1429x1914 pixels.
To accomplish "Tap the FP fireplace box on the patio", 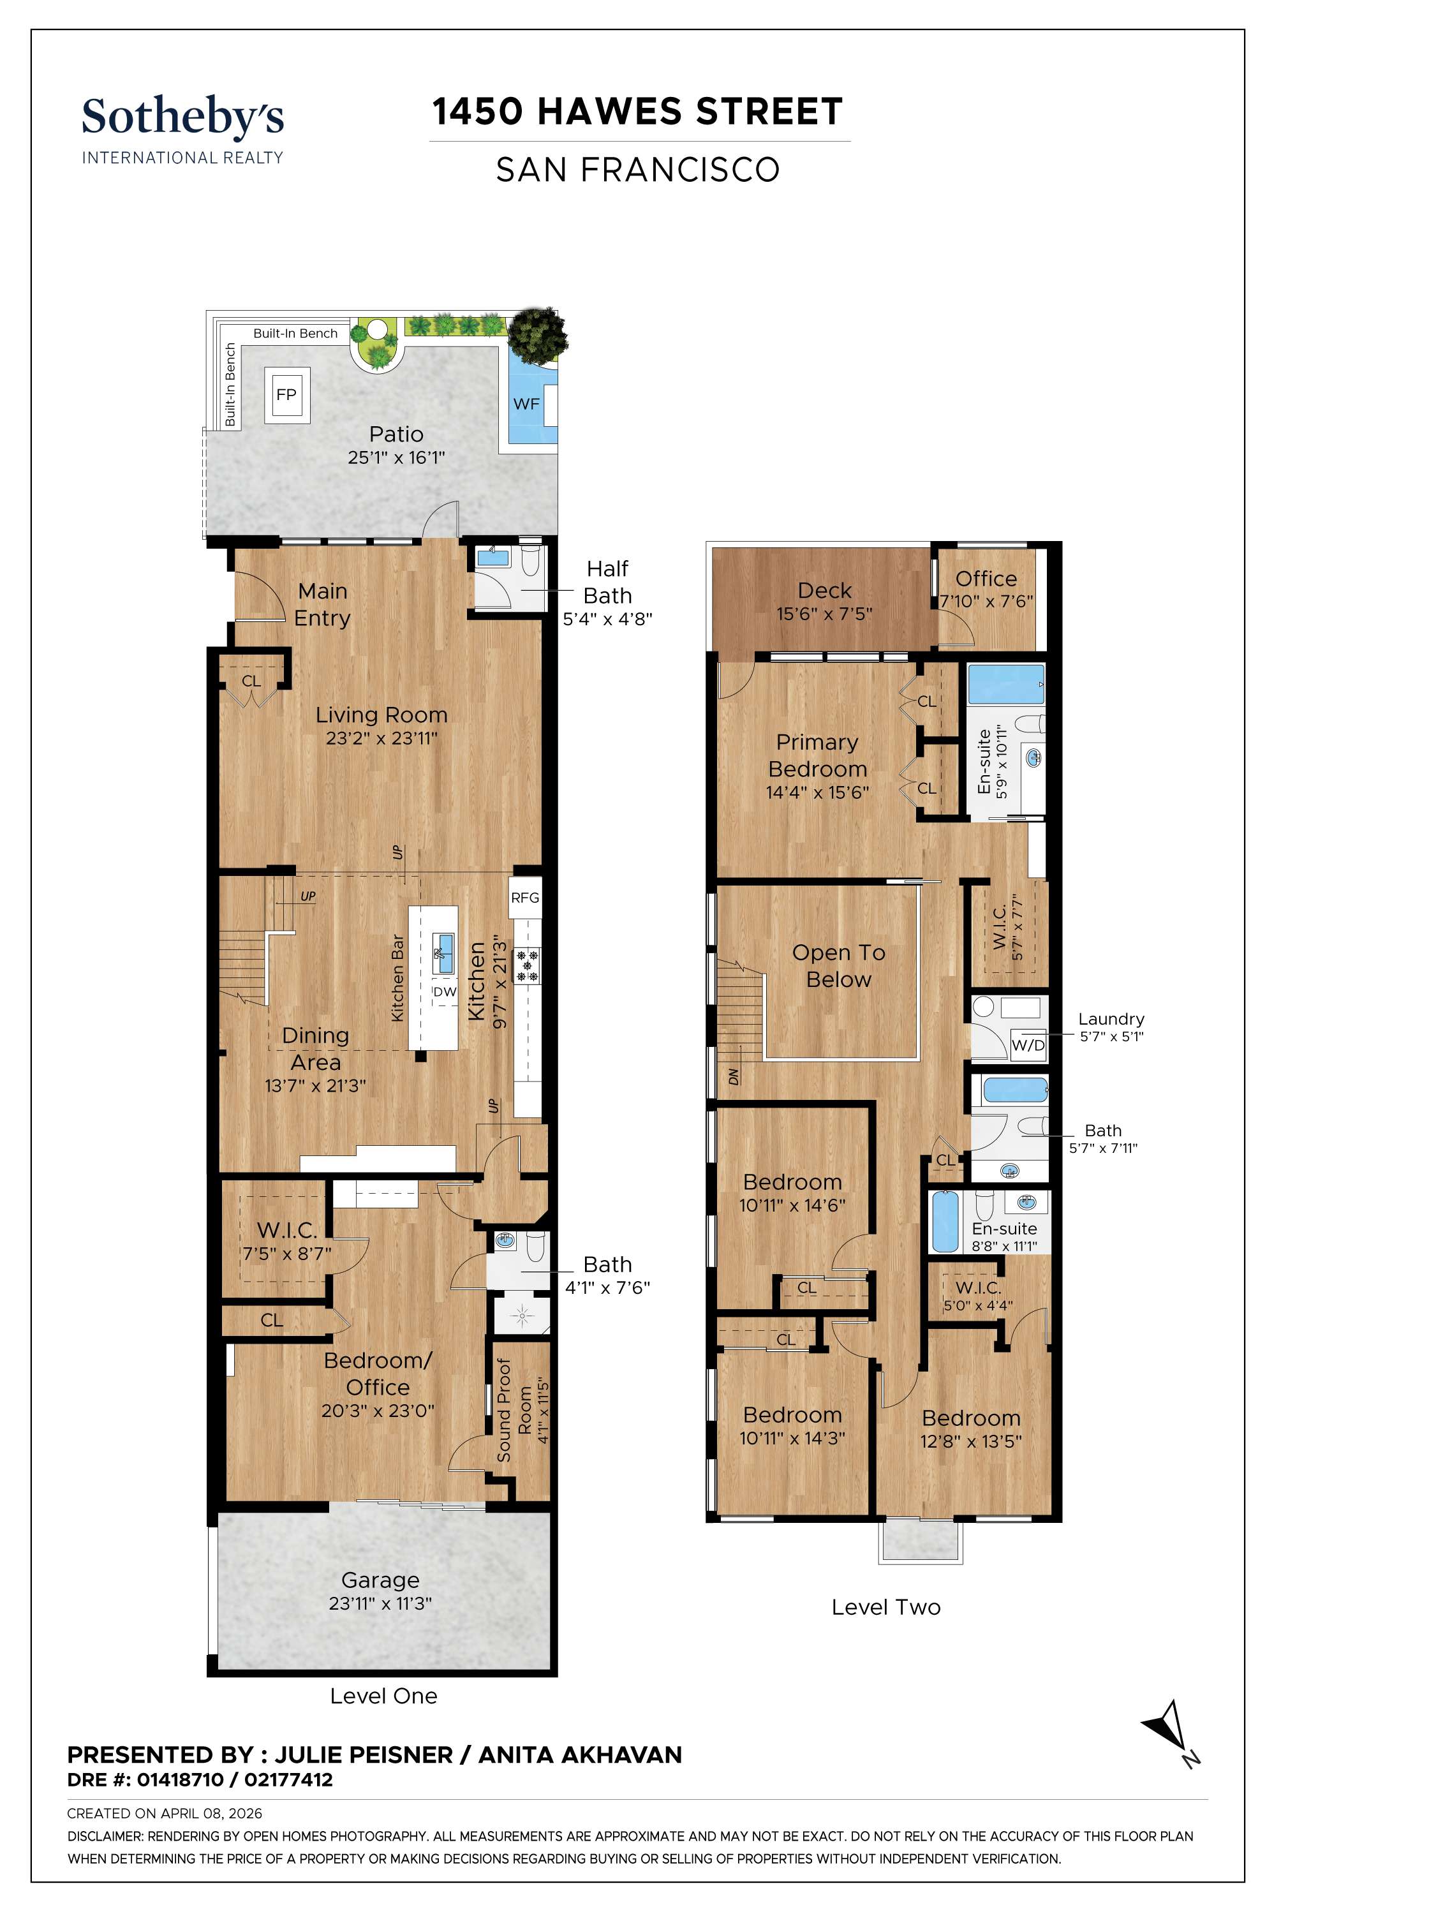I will tap(286, 394).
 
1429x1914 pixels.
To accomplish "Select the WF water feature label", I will tap(526, 404).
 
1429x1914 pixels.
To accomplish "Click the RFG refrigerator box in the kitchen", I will tap(524, 898).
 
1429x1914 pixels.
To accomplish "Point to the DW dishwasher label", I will tap(445, 992).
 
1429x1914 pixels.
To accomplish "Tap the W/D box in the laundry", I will tap(1028, 1046).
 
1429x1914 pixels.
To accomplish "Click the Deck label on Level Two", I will tap(824, 591).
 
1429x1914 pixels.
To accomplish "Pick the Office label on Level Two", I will tap(986, 579).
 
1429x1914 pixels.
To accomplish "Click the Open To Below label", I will tap(838, 966).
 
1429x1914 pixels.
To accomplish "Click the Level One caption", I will tap(383, 1696).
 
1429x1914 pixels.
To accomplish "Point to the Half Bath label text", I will tap(607, 582).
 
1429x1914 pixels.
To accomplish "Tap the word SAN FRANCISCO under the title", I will tap(637, 170).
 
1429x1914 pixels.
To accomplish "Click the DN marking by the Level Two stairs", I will tap(734, 1076).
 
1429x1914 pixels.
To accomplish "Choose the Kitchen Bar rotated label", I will tap(398, 978).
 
